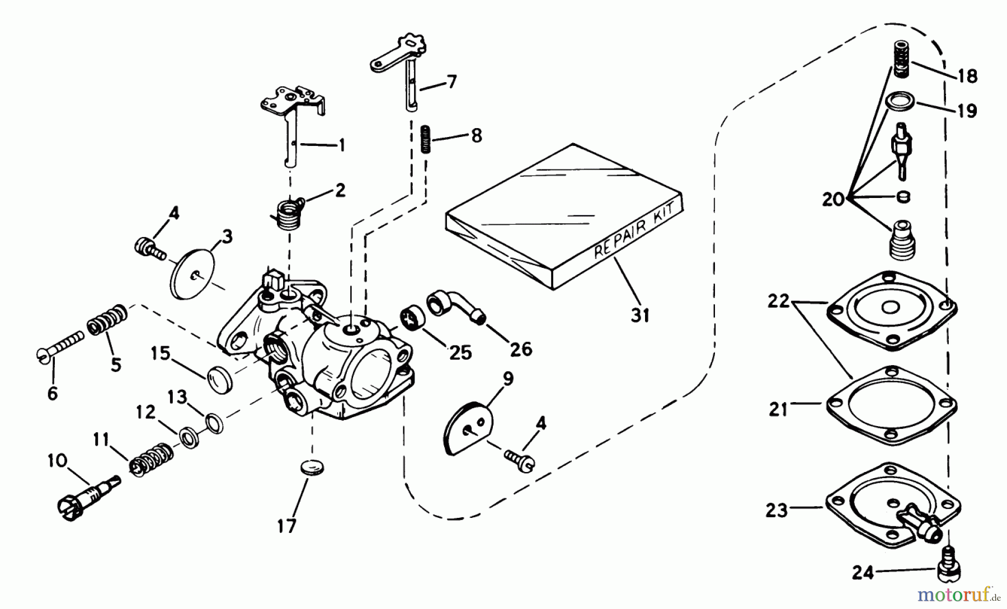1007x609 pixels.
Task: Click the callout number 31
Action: [641, 316]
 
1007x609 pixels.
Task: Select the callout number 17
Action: [286, 526]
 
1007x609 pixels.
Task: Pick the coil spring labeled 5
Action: [107, 320]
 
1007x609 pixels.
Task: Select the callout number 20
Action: [833, 199]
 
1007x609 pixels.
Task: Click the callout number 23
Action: [777, 511]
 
